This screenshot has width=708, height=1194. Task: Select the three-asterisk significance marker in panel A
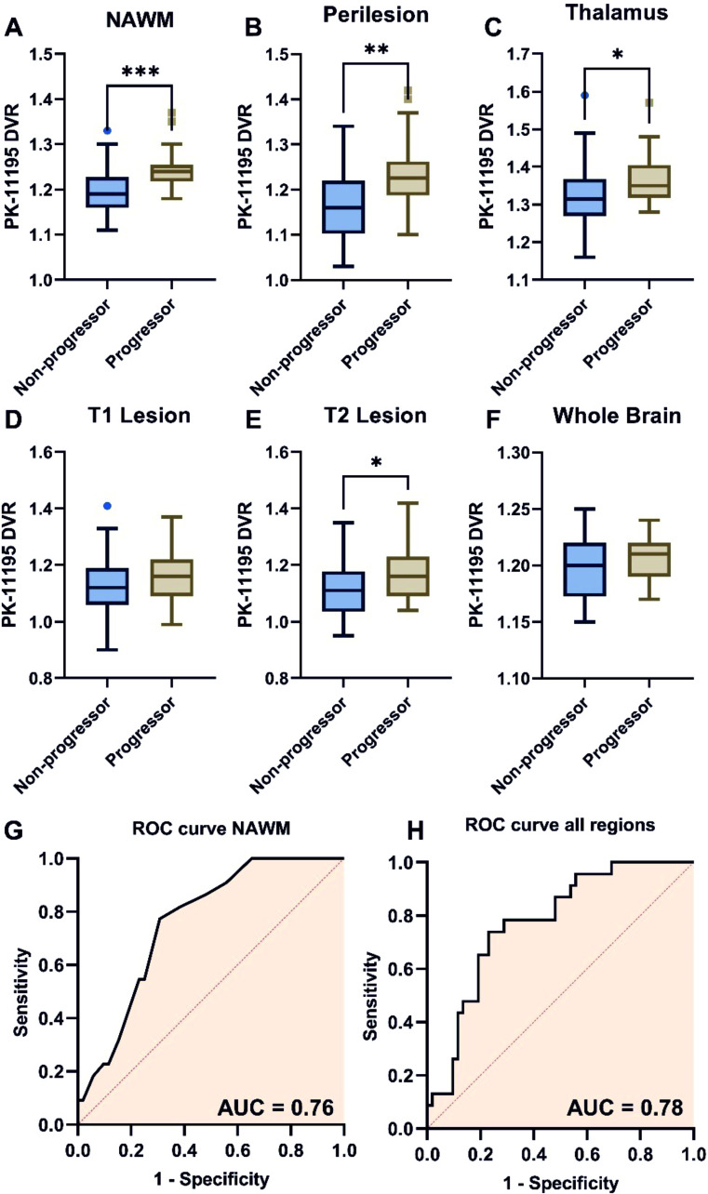[x=139, y=71]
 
